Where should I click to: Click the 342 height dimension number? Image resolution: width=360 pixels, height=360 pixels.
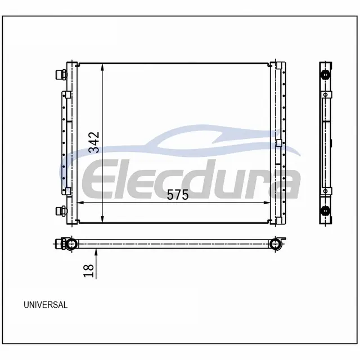click(x=94, y=142)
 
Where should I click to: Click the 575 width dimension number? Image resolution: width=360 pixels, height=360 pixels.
click(x=178, y=195)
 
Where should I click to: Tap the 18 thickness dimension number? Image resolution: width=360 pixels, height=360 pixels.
click(x=89, y=271)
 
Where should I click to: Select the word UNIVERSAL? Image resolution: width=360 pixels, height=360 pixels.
click(x=46, y=305)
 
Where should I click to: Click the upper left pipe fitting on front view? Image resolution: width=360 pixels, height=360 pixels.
click(x=61, y=75)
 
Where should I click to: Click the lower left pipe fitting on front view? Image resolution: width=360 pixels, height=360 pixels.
click(x=61, y=211)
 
